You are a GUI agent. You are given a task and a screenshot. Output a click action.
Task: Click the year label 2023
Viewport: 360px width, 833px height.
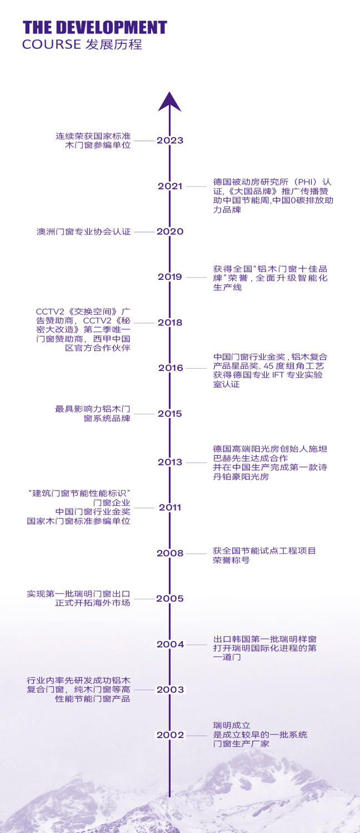(x=170, y=140)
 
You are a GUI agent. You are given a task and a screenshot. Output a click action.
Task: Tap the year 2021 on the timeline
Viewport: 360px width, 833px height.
(x=170, y=186)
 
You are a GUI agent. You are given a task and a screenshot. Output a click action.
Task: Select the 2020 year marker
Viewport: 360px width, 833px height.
(x=170, y=232)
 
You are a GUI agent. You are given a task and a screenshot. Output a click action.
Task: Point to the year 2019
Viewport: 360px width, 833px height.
(x=170, y=277)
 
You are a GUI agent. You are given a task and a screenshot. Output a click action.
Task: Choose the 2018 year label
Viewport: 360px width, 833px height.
(x=170, y=322)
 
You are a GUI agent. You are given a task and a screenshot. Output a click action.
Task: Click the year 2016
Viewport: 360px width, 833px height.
(x=170, y=368)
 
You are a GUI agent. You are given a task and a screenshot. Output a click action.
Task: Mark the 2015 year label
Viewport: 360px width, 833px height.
(x=170, y=414)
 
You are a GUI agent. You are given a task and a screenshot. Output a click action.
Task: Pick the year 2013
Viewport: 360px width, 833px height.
(x=170, y=462)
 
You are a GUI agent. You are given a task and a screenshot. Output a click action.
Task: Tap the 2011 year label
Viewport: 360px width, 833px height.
(x=170, y=507)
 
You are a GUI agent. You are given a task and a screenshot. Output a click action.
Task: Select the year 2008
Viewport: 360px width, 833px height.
(x=170, y=553)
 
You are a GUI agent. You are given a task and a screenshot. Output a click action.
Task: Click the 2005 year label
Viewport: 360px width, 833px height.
(x=170, y=599)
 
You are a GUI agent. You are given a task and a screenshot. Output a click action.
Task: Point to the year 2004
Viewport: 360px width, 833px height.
(x=170, y=644)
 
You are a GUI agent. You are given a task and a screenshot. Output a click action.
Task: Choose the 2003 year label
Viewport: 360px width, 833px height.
(x=170, y=690)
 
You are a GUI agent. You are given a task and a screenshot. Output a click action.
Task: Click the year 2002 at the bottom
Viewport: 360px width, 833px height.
(x=170, y=735)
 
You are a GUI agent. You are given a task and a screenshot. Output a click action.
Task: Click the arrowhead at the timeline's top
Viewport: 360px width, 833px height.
(x=170, y=102)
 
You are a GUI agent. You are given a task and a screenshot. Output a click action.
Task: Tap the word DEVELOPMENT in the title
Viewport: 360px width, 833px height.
(x=111, y=28)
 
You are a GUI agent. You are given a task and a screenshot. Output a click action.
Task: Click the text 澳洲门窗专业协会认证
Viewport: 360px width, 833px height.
(x=84, y=232)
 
